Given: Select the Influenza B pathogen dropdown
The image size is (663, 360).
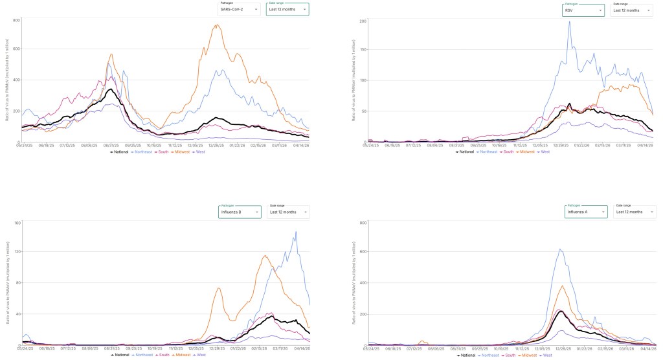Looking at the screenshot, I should click(x=240, y=212).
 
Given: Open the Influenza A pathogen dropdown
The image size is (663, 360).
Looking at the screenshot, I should click(x=587, y=212).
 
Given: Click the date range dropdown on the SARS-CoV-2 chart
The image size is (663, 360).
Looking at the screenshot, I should click(x=287, y=10).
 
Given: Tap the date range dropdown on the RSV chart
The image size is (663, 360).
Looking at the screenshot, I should click(x=632, y=10).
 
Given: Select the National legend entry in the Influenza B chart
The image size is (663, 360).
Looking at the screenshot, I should click(x=122, y=355).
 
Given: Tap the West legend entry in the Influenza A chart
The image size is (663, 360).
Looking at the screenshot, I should click(x=545, y=355).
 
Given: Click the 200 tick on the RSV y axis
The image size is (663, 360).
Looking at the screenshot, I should click(x=363, y=21).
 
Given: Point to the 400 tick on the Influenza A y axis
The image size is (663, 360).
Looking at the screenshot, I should click(x=363, y=283).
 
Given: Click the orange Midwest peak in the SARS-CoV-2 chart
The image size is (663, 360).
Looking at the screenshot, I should click(x=216, y=25).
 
